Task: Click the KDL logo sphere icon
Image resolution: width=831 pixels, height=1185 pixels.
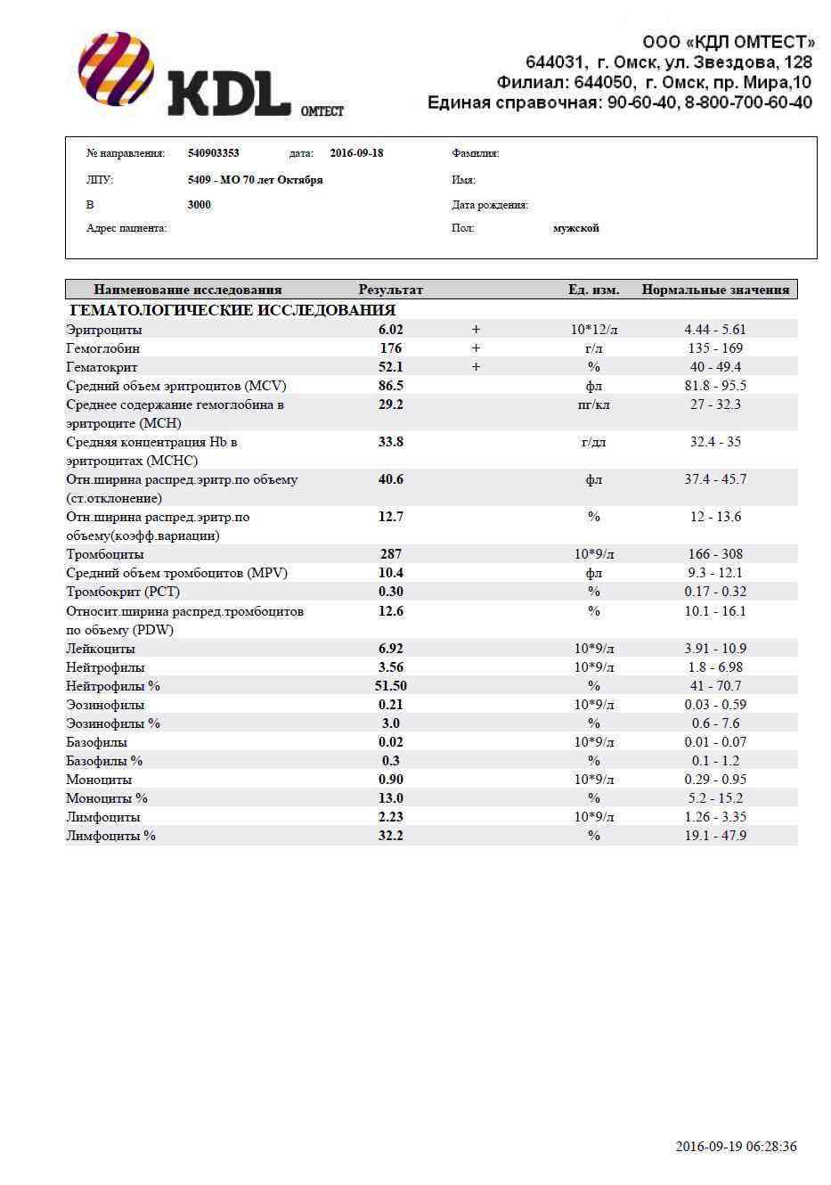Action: [x=116, y=69]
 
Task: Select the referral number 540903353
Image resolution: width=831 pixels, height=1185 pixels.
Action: [x=213, y=153]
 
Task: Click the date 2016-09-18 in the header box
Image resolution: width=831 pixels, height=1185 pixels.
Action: [x=356, y=153]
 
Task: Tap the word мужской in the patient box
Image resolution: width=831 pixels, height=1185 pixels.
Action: [x=575, y=228]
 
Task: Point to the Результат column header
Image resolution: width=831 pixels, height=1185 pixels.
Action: [x=390, y=290]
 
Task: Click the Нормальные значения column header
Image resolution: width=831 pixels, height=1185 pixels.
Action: [x=715, y=290]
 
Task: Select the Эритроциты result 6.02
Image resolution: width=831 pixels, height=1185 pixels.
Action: [x=390, y=330]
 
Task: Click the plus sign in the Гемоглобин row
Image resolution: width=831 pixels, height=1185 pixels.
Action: [x=476, y=348]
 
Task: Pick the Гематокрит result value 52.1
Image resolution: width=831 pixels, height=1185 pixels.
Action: [x=390, y=367]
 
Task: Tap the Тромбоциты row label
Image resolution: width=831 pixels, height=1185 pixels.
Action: [x=104, y=554]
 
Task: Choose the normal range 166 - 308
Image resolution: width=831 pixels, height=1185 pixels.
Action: [x=715, y=554]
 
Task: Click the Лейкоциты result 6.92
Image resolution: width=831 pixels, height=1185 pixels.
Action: [x=390, y=649]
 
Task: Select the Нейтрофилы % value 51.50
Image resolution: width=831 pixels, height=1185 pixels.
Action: [x=390, y=686]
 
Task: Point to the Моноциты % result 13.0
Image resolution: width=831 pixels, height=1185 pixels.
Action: [x=390, y=798]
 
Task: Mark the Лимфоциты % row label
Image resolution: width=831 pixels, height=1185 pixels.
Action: [x=110, y=836]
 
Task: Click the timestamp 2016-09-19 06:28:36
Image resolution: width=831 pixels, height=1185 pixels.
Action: [x=736, y=1147]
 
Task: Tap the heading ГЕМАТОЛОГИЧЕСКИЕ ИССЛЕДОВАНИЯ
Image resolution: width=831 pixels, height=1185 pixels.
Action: [x=232, y=310]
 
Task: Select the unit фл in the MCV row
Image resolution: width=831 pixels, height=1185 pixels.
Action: [x=593, y=386]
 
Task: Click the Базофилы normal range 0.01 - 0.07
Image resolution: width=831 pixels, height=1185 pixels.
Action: [x=717, y=742]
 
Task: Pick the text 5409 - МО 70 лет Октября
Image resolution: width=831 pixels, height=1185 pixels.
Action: [x=255, y=180]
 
